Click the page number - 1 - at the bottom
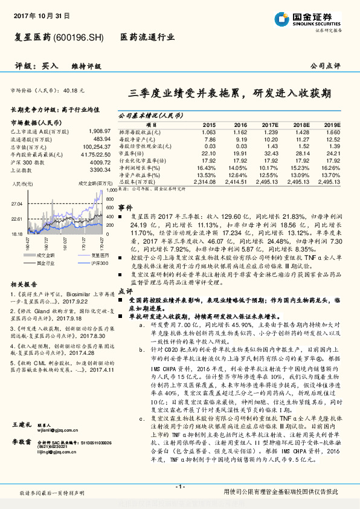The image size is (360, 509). [179, 486]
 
